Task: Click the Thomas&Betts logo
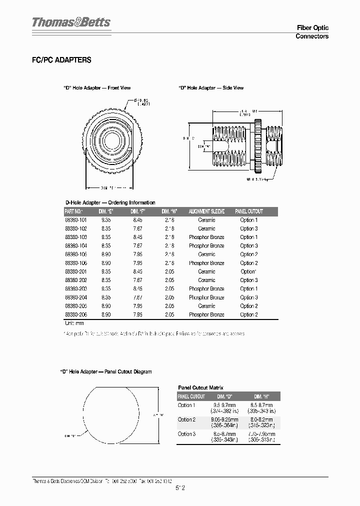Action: pyautogui.click(x=71, y=22)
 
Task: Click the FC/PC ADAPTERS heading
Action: pyautogui.click(x=61, y=60)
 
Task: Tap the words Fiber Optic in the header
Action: pyautogui.click(x=312, y=28)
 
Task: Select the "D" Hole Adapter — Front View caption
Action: pyautogui.click(x=97, y=88)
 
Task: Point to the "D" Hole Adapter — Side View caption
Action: pyautogui.click(x=211, y=88)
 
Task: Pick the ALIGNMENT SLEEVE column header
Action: pyautogui.click(x=206, y=211)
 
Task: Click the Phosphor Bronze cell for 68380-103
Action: pyautogui.click(x=206, y=237)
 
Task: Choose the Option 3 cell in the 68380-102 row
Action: pyautogui.click(x=248, y=228)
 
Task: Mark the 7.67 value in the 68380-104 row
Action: pyautogui.click(x=137, y=246)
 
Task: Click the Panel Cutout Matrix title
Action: pyautogui.click(x=200, y=387)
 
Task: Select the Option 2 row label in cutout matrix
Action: pyautogui.click(x=186, y=420)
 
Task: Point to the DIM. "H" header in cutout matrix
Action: pyautogui.click(x=261, y=396)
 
